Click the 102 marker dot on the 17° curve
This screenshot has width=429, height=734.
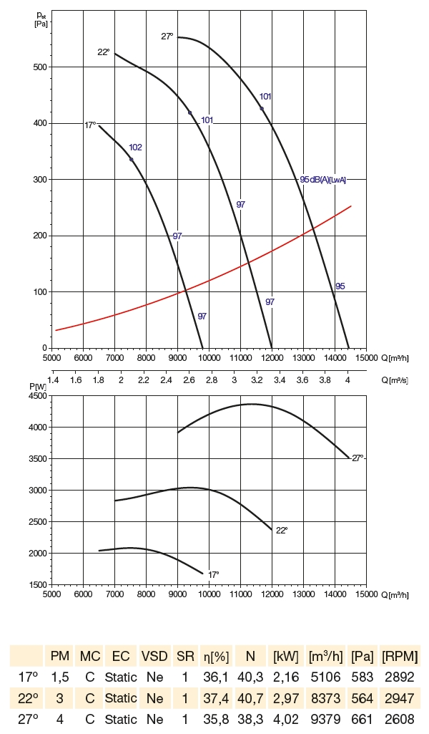132,159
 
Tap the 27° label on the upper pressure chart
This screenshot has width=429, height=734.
167,37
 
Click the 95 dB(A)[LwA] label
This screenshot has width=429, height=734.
323,180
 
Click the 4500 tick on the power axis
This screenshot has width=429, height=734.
37,396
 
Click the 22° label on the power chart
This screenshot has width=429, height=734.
282,531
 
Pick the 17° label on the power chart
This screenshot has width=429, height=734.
213,574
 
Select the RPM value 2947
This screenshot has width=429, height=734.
400,697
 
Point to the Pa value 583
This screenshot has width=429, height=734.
363,677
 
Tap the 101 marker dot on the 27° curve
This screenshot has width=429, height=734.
262,109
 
